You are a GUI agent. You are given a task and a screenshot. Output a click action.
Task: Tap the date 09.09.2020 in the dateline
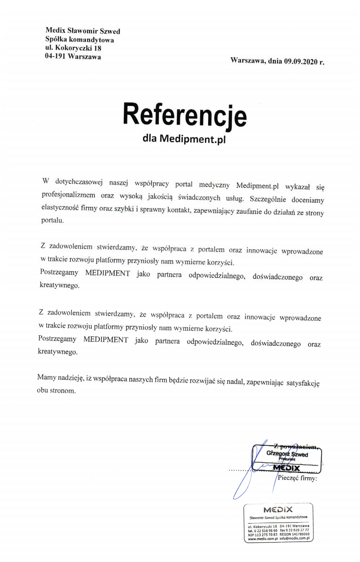pos(300,61)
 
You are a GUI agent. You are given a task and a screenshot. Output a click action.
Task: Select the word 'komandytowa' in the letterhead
pos(91,40)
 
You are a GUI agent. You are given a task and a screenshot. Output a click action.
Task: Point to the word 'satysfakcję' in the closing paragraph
pos(304,382)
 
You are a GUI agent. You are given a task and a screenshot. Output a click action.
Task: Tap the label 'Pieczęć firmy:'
pos(298,479)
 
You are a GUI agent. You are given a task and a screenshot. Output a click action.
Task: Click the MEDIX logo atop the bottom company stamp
pos(278,510)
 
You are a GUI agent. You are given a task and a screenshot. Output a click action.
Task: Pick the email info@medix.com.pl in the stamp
pos(296,539)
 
